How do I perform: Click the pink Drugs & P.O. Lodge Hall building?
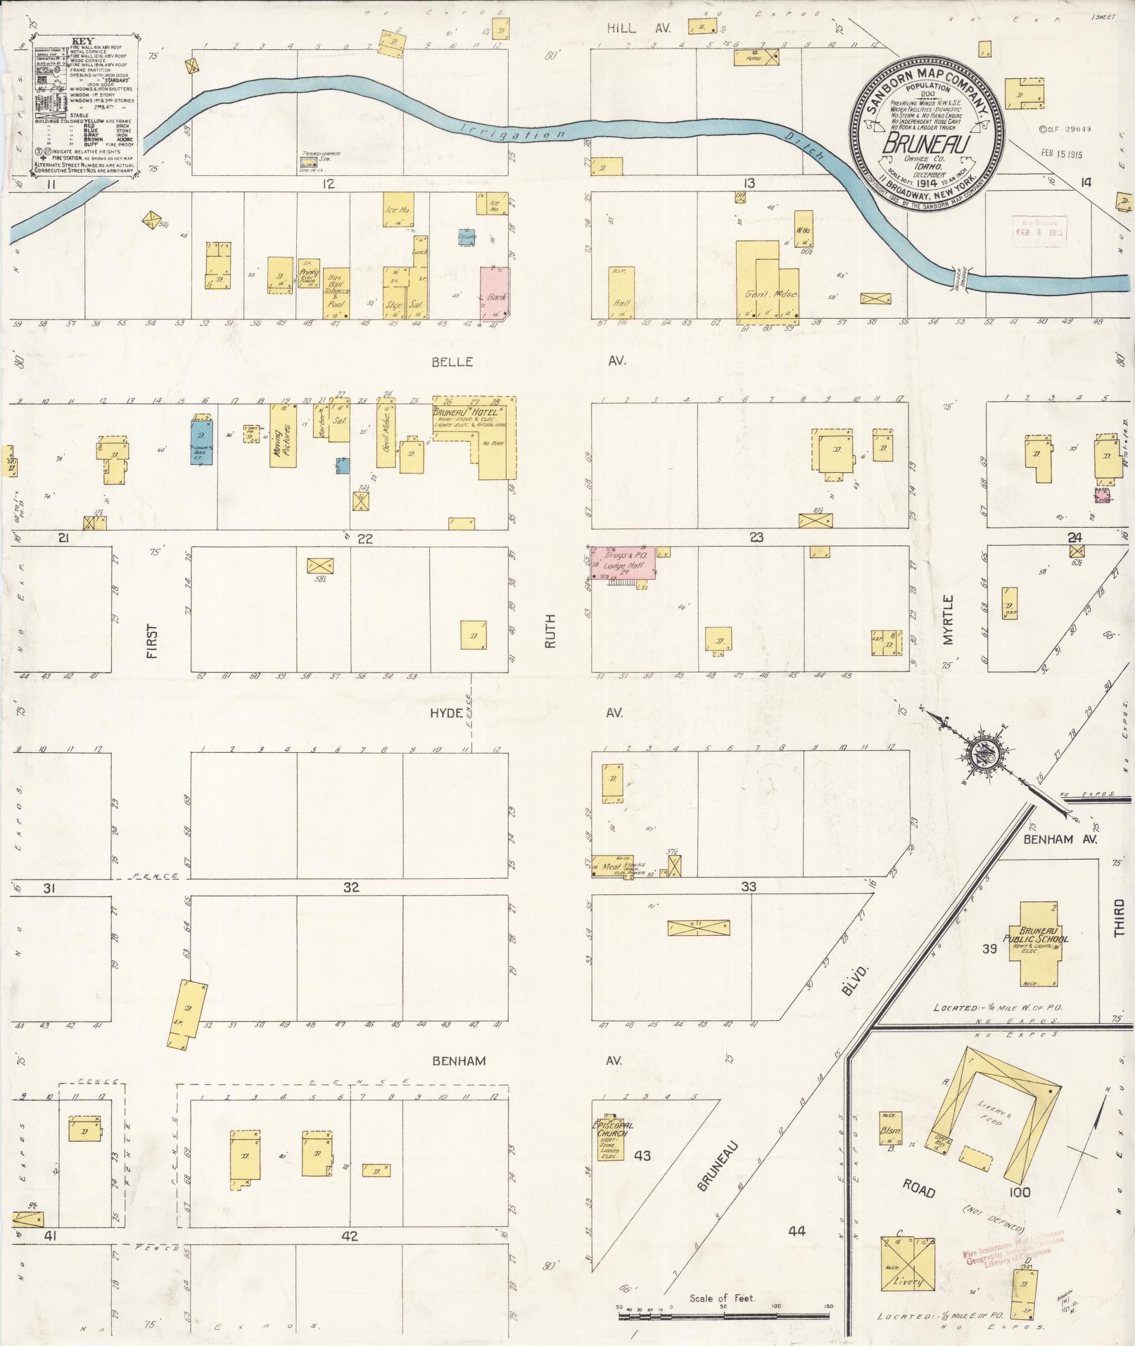(623, 563)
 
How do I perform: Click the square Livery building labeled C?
(907, 1264)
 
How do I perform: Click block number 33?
(748, 887)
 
